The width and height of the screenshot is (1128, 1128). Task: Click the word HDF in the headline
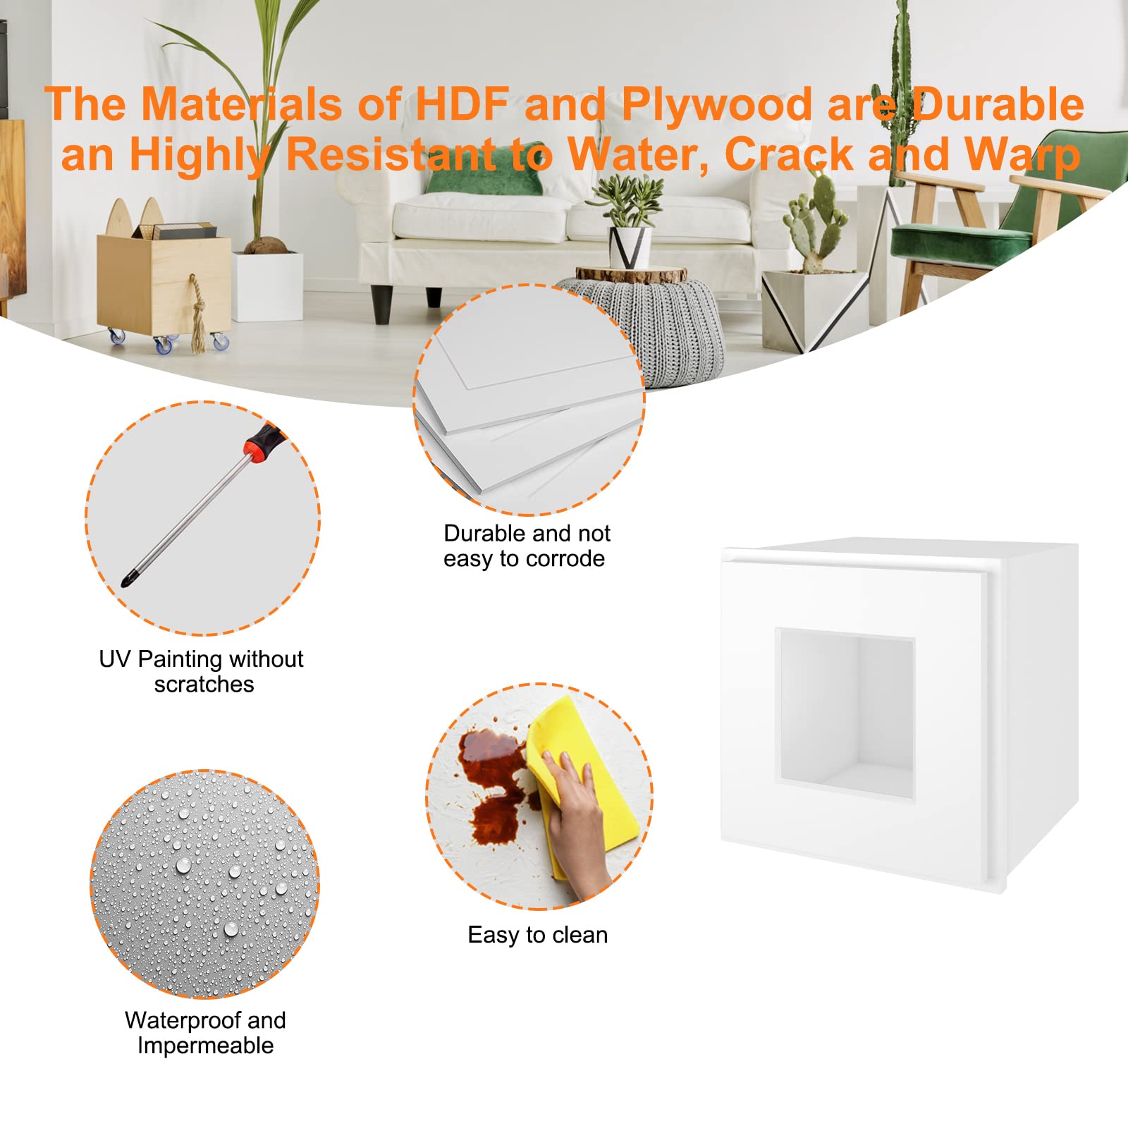coord(462,104)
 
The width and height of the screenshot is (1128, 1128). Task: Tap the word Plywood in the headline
coord(716,104)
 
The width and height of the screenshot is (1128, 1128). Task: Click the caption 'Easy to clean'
coord(537,935)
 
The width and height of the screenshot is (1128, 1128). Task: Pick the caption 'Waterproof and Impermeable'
coord(205,1033)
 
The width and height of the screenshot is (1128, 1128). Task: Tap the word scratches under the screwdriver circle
coord(204,685)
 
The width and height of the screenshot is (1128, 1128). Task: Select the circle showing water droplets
coord(204,884)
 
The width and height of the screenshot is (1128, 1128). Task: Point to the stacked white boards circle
coord(529,400)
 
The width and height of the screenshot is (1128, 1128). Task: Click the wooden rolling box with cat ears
coord(164,282)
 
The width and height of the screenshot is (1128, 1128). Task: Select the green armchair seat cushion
coord(952,240)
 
